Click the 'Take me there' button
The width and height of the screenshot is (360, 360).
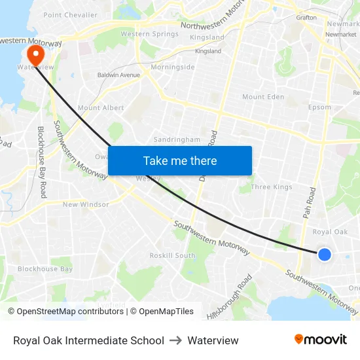(180, 160)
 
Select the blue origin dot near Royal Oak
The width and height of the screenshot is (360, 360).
(325, 255)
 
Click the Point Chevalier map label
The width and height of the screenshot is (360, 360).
(70, 15)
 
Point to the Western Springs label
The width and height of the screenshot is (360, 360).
(149, 34)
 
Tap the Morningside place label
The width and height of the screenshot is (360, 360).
(173, 67)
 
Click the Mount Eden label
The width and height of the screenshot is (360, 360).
(263, 97)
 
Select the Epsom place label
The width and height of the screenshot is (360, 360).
(319, 107)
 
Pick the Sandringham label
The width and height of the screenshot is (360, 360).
(177, 139)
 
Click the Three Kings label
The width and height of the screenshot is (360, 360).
(272, 187)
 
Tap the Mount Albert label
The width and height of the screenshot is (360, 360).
(101, 107)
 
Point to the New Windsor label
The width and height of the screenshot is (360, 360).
(86, 204)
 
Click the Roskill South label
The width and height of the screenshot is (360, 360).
(172, 255)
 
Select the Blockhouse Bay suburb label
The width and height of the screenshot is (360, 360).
(45, 269)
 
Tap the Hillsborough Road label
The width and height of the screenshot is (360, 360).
(239, 296)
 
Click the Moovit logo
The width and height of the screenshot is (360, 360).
(321, 340)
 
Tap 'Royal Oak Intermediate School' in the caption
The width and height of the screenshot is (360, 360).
(88, 340)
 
